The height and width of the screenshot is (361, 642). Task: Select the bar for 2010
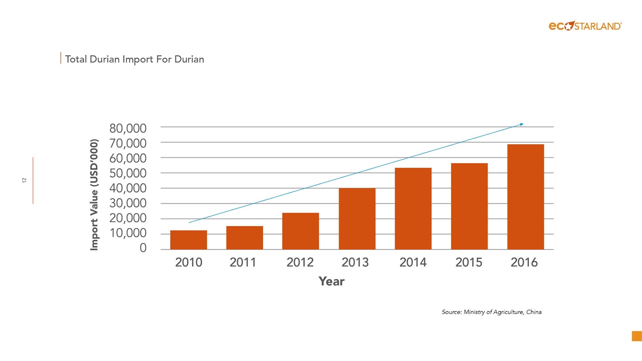(x=188, y=240)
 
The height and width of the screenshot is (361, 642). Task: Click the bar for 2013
(x=357, y=218)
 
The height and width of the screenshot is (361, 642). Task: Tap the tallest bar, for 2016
(x=525, y=197)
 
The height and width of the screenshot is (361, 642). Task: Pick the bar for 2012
(x=301, y=231)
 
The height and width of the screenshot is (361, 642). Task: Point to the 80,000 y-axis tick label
(x=128, y=128)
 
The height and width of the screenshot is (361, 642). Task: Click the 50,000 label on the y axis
(x=128, y=173)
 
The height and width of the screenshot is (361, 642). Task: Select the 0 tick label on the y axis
(x=143, y=248)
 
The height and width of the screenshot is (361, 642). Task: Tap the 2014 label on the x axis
(x=413, y=262)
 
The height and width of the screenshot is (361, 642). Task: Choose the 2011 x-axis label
(x=243, y=262)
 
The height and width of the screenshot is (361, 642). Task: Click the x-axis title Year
(x=331, y=281)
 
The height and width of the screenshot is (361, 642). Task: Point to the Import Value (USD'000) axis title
(x=94, y=195)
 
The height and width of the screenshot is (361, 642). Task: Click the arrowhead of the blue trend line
(x=521, y=124)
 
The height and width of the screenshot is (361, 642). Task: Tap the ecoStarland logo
(x=585, y=26)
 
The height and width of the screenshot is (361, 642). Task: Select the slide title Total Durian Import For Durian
(x=135, y=59)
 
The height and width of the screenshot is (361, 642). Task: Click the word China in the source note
(x=534, y=312)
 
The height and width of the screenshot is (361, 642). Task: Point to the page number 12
(x=24, y=180)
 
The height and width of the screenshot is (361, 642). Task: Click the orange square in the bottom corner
(x=636, y=336)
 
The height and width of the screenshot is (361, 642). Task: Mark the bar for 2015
(x=469, y=206)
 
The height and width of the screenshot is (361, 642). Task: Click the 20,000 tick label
(x=128, y=218)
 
